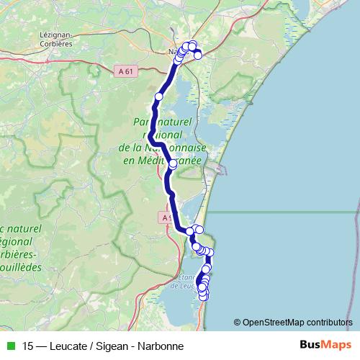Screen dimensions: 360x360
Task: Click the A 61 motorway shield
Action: (x=125, y=71)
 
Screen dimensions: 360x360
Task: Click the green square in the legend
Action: (x=10, y=346)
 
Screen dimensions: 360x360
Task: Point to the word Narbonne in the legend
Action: (x=163, y=346)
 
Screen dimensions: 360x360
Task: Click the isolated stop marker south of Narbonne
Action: (x=158, y=96)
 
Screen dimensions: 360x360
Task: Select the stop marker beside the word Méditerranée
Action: (x=172, y=164)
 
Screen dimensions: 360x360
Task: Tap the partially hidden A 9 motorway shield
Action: (x=166, y=217)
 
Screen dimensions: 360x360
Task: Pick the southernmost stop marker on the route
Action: (x=203, y=296)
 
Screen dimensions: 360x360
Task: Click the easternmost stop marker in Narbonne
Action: (x=198, y=55)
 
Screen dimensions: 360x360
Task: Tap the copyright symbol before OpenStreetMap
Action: (x=237, y=323)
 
